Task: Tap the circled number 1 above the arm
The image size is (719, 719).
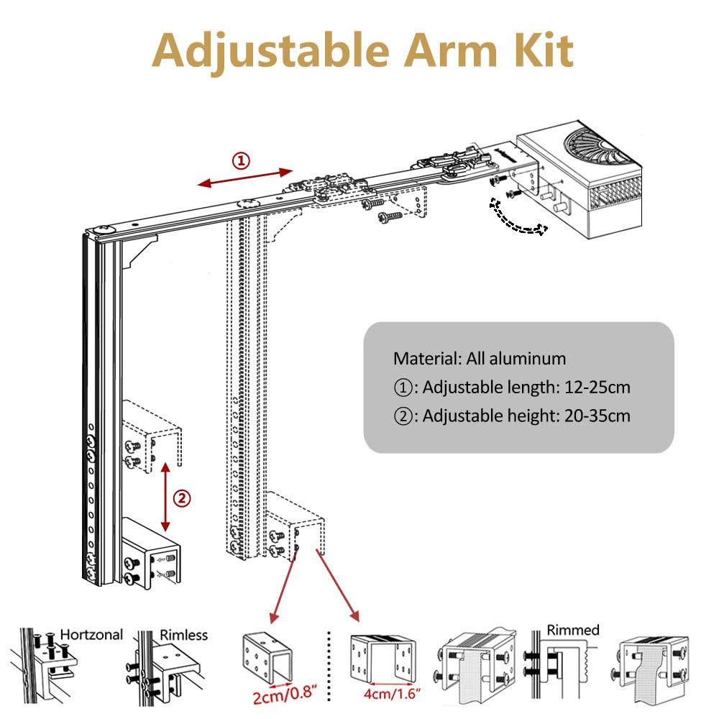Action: pos(242,160)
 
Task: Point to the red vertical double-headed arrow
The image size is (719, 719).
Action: pos(165,497)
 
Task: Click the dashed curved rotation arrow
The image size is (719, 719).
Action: pos(516,219)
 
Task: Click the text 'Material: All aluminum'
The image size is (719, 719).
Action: pos(479,358)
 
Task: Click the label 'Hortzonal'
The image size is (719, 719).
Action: pos(91,635)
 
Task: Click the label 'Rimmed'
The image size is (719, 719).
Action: pos(573,631)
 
